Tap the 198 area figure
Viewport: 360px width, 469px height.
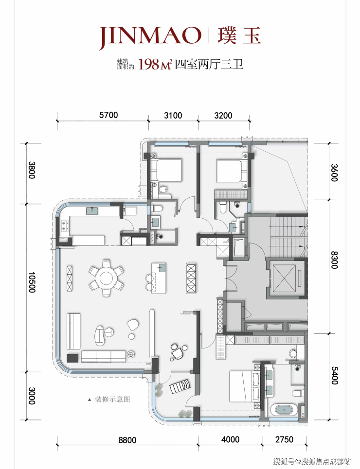[x=148, y=64]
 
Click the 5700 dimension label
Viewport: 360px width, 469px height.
[x=108, y=115]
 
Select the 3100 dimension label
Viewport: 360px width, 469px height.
[x=173, y=116]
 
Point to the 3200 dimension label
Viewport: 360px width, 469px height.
[x=223, y=116]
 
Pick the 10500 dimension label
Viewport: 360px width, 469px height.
[x=32, y=282]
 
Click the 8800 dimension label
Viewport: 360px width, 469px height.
[x=127, y=440]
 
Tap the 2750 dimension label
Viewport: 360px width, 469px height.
[x=284, y=439]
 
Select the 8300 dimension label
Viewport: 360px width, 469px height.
[x=334, y=260]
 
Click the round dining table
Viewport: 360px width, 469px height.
[x=106, y=278]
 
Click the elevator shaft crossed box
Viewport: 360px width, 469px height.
[x=283, y=278]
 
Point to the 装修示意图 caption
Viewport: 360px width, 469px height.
[x=112, y=399]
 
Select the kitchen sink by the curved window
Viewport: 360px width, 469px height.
[x=94, y=211]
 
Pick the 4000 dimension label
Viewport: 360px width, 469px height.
[x=230, y=439]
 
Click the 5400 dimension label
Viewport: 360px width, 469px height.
[x=334, y=376]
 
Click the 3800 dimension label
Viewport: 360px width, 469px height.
[x=32, y=170]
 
